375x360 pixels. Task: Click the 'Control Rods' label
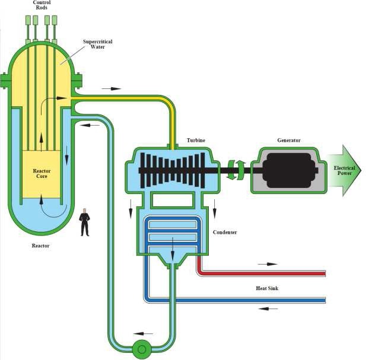pyautogui.click(x=42, y=6)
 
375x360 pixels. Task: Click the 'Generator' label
pyautogui.click(x=288, y=141)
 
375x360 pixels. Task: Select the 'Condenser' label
pyautogui.click(x=225, y=232)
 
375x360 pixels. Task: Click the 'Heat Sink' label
pyautogui.click(x=267, y=288)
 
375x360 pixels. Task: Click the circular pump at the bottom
pyautogui.click(x=141, y=349)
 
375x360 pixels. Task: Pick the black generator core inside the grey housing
pyautogui.click(x=288, y=171)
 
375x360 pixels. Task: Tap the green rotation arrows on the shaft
pyautogui.click(x=236, y=170)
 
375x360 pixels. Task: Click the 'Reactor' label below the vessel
pyautogui.click(x=40, y=246)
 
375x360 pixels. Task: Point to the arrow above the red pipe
pyautogui.click(x=268, y=263)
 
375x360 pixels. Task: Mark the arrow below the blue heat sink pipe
pyautogui.click(x=268, y=309)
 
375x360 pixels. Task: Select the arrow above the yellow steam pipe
pyautogui.click(x=111, y=89)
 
